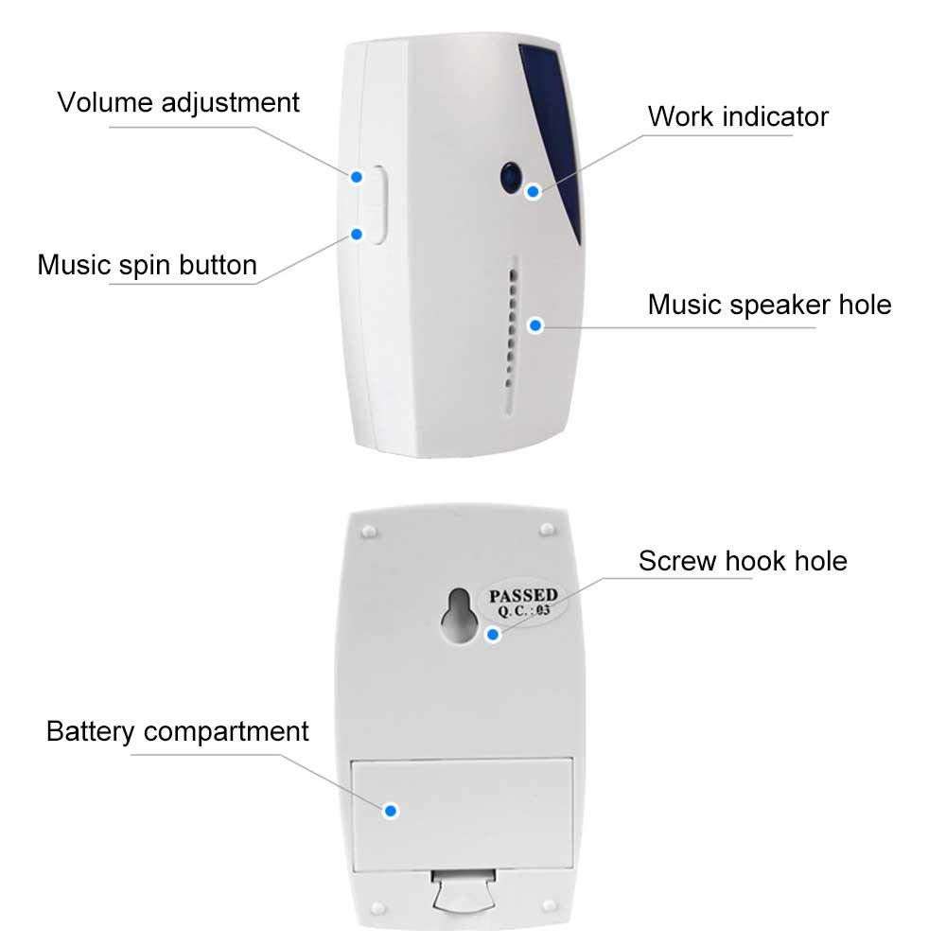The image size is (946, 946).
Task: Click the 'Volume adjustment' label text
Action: (x=178, y=102)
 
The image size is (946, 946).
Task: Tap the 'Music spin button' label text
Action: (x=147, y=264)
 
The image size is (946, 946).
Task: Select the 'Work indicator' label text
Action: (x=738, y=116)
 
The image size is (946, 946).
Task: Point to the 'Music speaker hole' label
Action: (x=769, y=305)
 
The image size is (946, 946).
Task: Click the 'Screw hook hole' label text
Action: (x=743, y=560)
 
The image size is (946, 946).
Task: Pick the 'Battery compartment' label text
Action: (x=178, y=731)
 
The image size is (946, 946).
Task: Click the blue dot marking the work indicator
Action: (x=534, y=191)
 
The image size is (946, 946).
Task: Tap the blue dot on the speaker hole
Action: (x=535, y=324)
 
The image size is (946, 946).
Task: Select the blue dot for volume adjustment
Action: (x=357, y=176)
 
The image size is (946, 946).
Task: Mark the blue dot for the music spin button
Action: (x=357, y=234)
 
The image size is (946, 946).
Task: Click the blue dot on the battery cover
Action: (x=390, y=810)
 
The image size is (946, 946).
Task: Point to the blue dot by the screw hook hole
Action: (x=491, y=635)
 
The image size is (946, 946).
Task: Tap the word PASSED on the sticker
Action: (x=523, y=596)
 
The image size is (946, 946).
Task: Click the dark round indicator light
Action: (x=511, y=177)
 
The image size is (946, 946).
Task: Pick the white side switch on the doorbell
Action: (x=377, y=204)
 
